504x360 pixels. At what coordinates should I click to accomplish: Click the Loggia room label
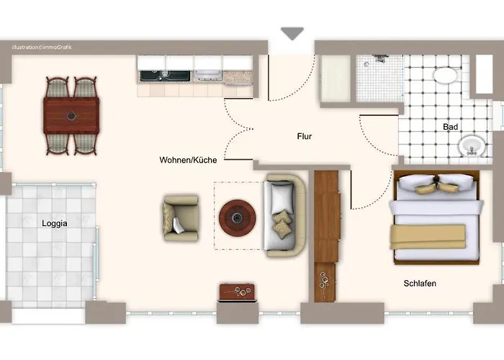click(55, 223)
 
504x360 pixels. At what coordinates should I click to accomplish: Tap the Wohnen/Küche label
click(188, 160)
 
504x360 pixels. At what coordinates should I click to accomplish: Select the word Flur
click(305, 136)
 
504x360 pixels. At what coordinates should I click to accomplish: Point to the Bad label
click(450, 127)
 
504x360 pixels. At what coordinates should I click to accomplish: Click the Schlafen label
click(420, 283)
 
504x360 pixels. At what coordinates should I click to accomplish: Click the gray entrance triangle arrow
click(292, 33)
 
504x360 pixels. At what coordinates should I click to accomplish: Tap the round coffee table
click(238, 217)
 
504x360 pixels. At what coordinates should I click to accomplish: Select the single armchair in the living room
click(181, 218)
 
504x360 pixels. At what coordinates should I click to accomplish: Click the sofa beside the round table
click(285, 215)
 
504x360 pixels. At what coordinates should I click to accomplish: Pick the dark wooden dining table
click(71, 116)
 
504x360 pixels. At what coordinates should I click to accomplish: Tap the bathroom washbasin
click(472, 146)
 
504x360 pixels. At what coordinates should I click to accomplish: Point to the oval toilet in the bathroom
click(445, 76)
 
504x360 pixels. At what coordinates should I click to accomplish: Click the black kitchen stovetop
click(165, 76)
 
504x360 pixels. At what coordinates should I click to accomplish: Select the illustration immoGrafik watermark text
click(42, 48)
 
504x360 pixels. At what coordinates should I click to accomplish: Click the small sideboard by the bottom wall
click(237, 292)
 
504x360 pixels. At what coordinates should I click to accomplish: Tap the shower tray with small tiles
click(379, 78)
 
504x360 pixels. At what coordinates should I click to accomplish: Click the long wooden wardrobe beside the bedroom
click(326, 236)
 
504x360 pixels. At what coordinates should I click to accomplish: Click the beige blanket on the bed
click(428, 237)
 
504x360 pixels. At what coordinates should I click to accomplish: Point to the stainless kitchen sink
click(207, 75)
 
